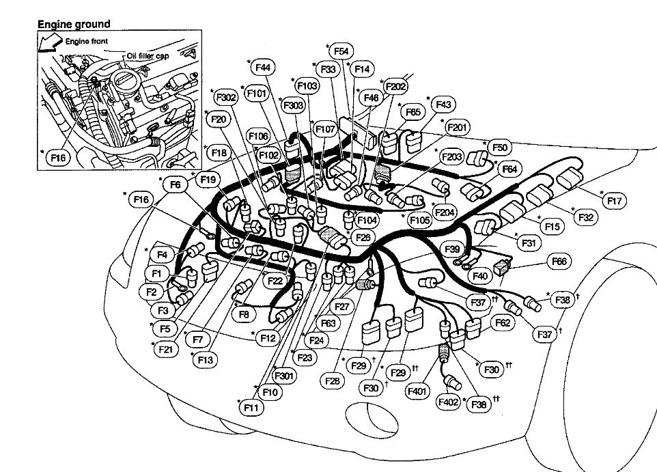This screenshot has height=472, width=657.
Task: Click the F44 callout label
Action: [262, 67]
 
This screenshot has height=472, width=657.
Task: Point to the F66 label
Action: [560, 261]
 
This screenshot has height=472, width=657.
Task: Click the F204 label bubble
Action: [445, 212]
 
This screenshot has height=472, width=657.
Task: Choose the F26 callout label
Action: [363, 237]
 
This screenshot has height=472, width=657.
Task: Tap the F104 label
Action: [367, 221]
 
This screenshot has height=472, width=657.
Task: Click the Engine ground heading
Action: [73, 24]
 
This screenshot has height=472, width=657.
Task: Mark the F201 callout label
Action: [457, 127]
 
